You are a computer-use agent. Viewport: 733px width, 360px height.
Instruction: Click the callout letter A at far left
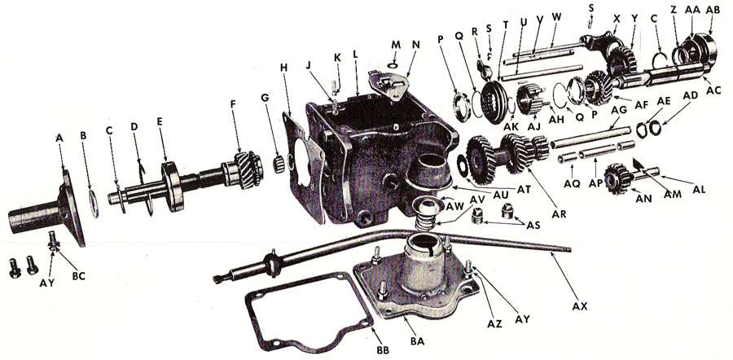tap(59, 138)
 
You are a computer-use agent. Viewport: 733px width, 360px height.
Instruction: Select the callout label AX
tap(580, 307)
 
